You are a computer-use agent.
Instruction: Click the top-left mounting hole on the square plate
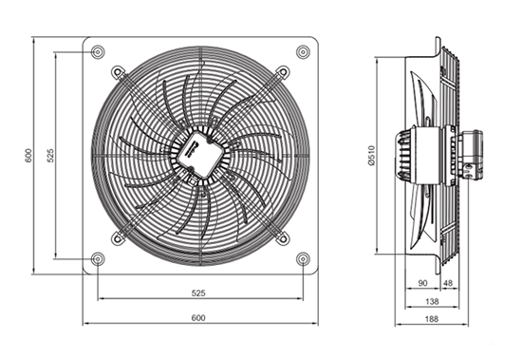[98, 52]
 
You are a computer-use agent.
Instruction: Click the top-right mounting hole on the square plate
[303, 52]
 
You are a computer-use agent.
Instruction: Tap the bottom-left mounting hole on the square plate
[98, 258]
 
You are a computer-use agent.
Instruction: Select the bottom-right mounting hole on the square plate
[303, 258]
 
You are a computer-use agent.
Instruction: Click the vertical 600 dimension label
[28, 156]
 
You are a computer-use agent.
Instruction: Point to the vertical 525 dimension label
[50, 156]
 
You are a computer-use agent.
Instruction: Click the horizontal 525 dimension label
[198, 293]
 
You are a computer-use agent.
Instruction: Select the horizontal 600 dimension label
[198, 317]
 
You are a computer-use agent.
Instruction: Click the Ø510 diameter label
[371, 156]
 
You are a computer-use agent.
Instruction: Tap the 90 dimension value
[422, 283]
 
